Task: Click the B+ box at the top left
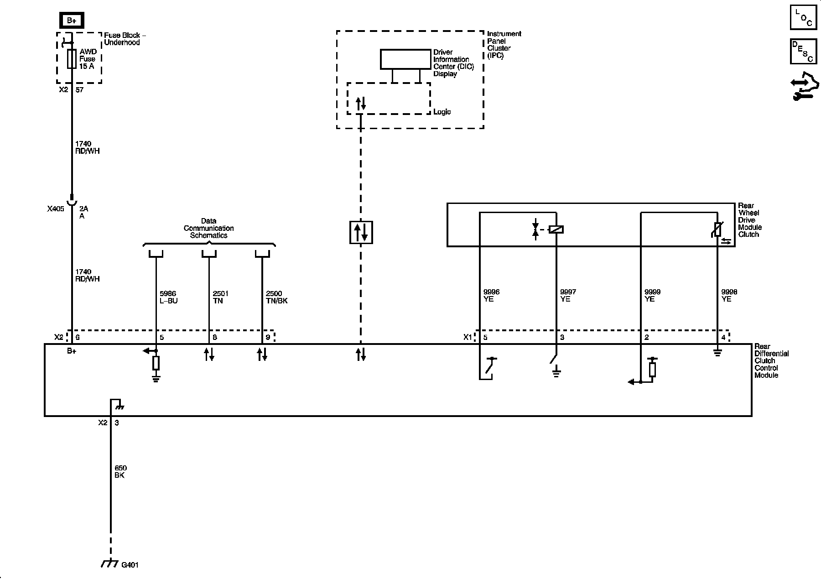coord(72,21)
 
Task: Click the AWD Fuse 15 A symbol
coord(72,59)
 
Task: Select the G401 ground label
coord(130,565)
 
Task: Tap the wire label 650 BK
coord(120,472)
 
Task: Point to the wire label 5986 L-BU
coord(168,297)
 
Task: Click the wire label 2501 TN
coord(220,297)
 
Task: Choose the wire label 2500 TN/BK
coord(276,297)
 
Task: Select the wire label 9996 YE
coord(491,296)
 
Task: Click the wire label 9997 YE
coord(568,296)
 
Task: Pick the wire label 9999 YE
coord(652,296)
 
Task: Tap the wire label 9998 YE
coord(729,296)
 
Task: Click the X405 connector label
coord(56,209)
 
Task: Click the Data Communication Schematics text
coord(209,228)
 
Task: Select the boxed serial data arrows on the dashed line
coord(361,232)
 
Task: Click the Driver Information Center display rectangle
coord(405,59)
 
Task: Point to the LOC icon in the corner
coord(803,17)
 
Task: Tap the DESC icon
coord(803,51)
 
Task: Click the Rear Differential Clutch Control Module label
coord(771,361)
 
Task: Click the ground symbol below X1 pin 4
coord(717,353)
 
